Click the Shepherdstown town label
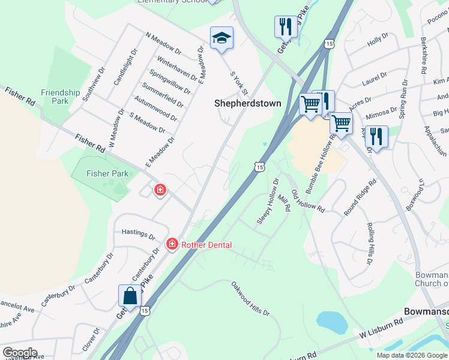click(x=248, y=103)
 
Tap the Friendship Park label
click(x=60, y=97)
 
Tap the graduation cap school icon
click(x=221, y=38)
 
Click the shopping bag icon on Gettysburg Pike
click(x=130, y=296)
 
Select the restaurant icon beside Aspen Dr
click(x=376, y=136)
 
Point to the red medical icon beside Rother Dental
click(x=172, y=244)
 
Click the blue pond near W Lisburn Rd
click(x=331, y=322)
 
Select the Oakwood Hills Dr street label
click(x=251, y=298)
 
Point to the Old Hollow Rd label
click(x=308, y=202)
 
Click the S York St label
click(x=239, y=82)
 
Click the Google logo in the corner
click(x=20, y=353)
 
